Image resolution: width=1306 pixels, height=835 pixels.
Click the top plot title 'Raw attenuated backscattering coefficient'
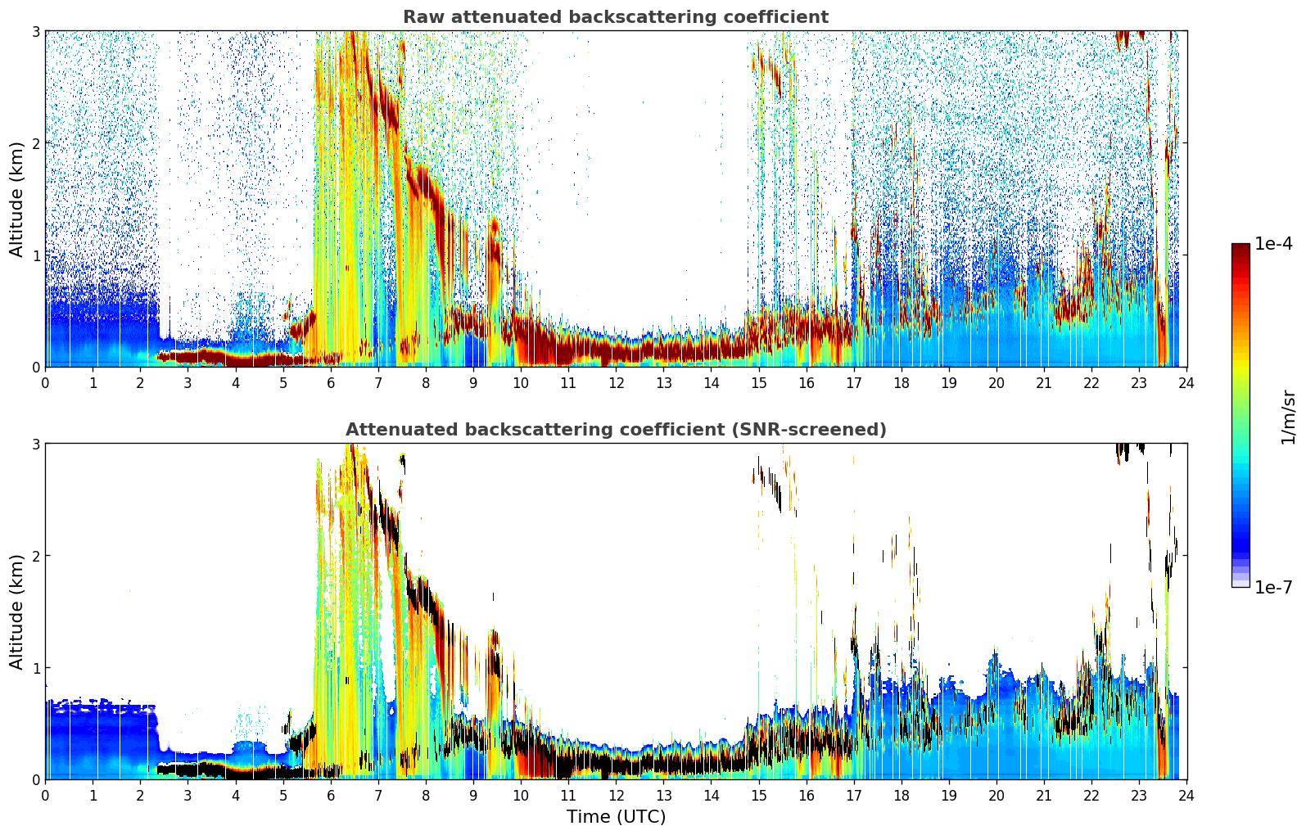(615, 17)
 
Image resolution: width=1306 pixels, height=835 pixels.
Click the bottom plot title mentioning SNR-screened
(615, 430)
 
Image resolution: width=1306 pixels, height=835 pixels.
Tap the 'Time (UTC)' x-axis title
(616, 817)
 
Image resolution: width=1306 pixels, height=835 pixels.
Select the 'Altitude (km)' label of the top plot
(16, 199)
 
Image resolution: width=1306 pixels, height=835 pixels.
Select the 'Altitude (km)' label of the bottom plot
(16, 612)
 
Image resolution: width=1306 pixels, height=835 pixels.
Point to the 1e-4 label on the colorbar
(1273, 244)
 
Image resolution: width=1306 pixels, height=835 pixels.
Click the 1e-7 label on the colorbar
(1273, 587)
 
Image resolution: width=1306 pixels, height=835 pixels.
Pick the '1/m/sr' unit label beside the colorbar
(1288, 417)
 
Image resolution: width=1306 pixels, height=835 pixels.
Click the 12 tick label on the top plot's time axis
(616, 382)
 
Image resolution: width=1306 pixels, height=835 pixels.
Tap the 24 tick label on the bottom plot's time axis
(1186, 795)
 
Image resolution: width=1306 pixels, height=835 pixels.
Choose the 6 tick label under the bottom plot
(331, 795)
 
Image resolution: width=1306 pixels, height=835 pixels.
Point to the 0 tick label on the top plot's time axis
(45, 382)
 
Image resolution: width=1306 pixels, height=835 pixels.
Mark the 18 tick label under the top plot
(902, 382)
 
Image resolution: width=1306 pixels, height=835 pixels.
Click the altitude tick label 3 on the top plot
(35, 31)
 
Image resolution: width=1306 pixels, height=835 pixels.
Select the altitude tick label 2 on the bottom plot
(35, 556)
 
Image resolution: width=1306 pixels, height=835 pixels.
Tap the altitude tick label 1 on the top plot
(35, 255)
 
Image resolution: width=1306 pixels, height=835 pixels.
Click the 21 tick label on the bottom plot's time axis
(1044, 795)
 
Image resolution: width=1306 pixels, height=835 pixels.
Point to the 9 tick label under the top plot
(473, 382)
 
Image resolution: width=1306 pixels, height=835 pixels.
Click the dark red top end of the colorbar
(1240, 246)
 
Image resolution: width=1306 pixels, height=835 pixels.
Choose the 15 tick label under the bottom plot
(759, 795)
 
